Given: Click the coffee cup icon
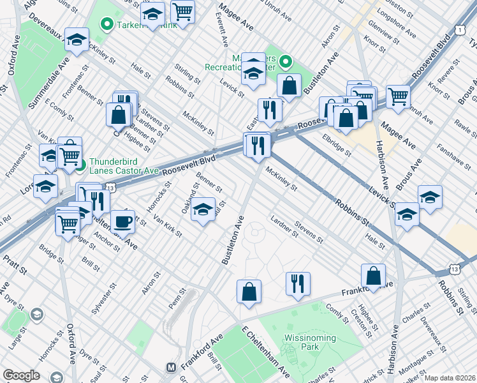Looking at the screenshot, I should (x=122, y=222).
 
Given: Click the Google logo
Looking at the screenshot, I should (x=21, y=375).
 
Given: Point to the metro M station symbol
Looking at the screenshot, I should (x=171, y=368).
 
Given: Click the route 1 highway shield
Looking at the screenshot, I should (x=459, y=29).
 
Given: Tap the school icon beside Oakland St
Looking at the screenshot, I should (x=203, y=209).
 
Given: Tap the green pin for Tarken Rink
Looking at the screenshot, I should (x=107, y=25).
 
